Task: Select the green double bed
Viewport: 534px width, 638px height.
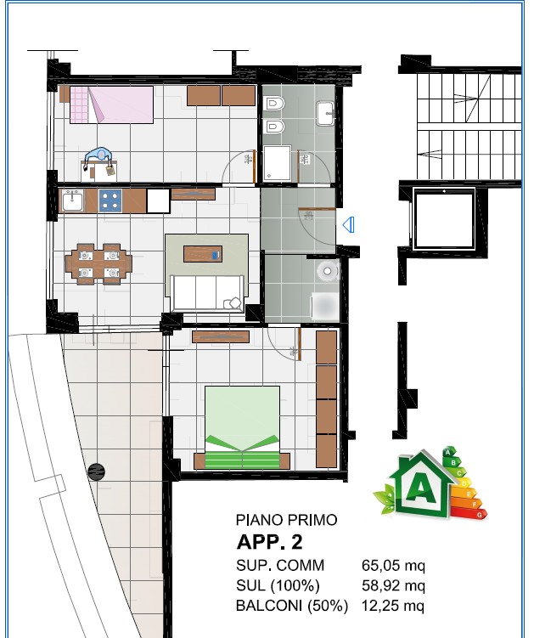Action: (x=242, y=427)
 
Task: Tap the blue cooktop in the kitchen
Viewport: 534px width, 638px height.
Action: (x=110, y=201)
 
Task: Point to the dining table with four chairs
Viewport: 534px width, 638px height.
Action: (x=98, y=263)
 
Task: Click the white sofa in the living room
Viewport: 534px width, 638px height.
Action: (x=207, y=293)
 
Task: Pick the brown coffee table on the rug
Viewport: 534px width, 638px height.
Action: (x=203, y=254)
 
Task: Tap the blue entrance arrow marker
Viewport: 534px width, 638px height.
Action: (x=349, y=224)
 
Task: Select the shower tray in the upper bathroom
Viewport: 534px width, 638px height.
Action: (x=277, y=163)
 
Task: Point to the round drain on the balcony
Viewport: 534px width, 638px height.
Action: (x=97, y=471)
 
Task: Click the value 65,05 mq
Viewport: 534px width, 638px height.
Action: (x=393, y=565)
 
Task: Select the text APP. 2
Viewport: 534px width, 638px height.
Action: (x=270, y=542)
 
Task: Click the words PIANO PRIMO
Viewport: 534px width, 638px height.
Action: (x=287, y=520)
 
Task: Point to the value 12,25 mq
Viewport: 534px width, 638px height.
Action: (x=393, y=606)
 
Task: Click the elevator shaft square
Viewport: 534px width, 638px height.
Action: (x=444, y=219)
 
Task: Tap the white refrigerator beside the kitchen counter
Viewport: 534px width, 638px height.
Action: (x=158, y=201)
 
